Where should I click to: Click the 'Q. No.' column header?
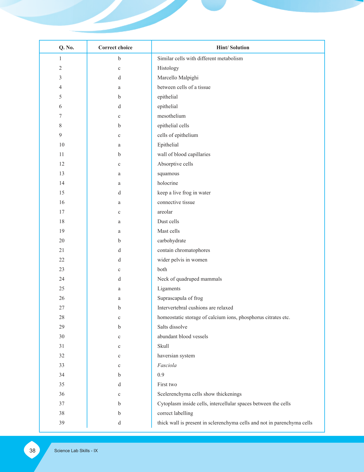(66, 48)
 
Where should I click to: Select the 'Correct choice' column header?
(115, 48)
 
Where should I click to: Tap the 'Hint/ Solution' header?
(233, 48)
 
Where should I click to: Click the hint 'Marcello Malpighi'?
(178, 78)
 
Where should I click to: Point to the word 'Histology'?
(168, 68)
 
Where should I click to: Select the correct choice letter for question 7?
(119, 116)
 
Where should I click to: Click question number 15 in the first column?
(62, 193)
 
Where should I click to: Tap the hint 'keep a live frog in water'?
(184, 193)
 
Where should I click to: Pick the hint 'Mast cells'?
(169, 231)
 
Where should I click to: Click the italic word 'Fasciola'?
(167, 365)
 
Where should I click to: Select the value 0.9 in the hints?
(161, 375)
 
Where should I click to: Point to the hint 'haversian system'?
(176, 356)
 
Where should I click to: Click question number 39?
(62, 423)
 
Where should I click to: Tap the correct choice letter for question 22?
(119, 260)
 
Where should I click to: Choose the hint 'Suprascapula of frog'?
(180, 298)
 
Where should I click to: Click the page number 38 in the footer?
(32, 451)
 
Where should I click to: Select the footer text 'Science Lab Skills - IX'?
(76, 451)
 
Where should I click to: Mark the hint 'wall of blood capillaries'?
(184, 154)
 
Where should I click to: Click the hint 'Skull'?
(163, 346)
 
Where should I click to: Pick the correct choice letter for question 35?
(119, 384)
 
